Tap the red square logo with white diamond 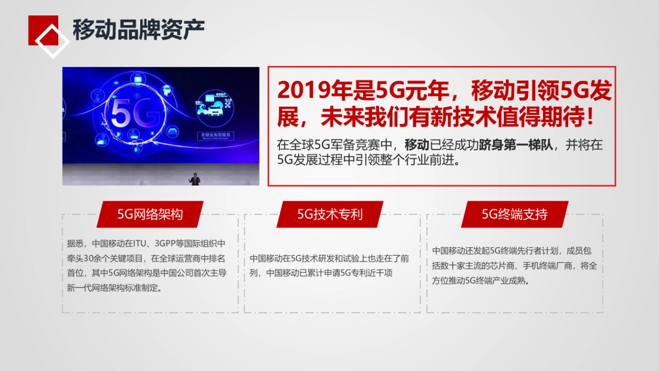47,34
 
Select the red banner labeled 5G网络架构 150,214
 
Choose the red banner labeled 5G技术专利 330,214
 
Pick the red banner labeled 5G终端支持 514,214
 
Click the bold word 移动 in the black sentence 417,145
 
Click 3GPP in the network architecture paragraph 167,243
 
